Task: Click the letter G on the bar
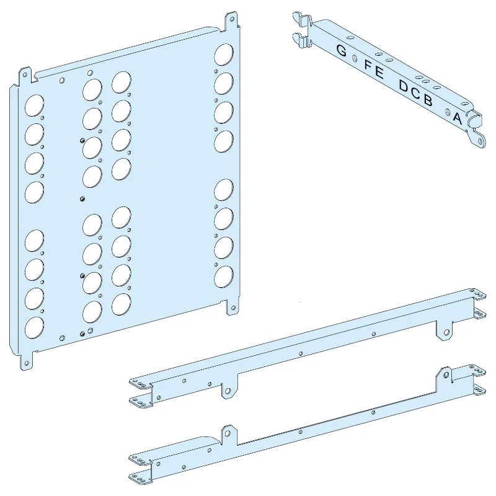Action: pos(341,50)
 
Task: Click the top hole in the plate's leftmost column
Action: pos(33,106)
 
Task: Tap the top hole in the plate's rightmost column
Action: pos(223,55)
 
